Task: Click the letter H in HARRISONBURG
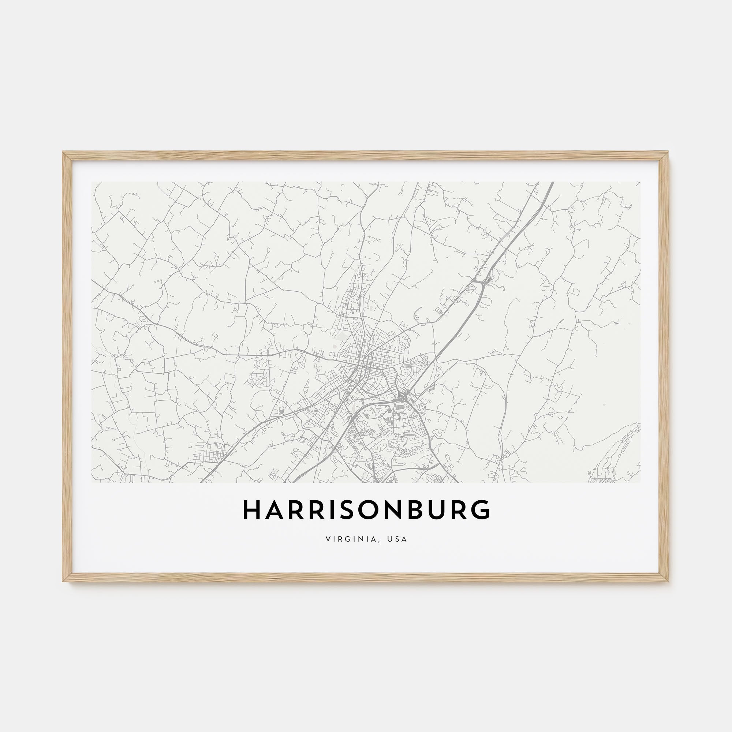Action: pos(250,510)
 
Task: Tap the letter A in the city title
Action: pos(272,510)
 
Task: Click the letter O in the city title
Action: pos(366,510)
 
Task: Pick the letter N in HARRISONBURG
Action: pos(390,510)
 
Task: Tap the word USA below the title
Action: pos(397,539)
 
